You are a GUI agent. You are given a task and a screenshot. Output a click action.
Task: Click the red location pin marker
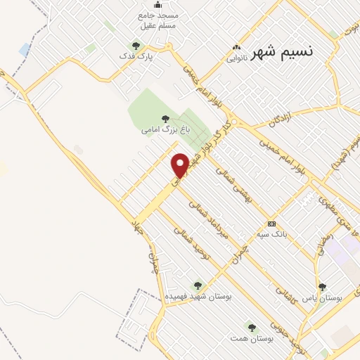pyautogui.click(x=180, y=165)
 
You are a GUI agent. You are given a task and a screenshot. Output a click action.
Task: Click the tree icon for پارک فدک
pyautogui.click(x=136, y=46)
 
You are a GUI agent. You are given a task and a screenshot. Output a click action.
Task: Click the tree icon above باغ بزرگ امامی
pyautogui.click(x=166, y=119)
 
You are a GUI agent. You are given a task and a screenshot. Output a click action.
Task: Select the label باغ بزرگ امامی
pyautogui.click(x=166, y=130)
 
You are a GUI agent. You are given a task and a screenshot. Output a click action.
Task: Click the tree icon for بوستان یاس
pyautogui.click(x=322, y=287)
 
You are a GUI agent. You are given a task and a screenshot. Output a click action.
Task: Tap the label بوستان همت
pyautogui.click(x=252, y=338)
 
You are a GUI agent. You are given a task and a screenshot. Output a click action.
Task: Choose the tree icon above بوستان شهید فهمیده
pyautogui.click(x=198, y=285)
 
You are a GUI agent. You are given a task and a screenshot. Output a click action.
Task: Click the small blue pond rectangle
pyautogui.click(x=25, y=50)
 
